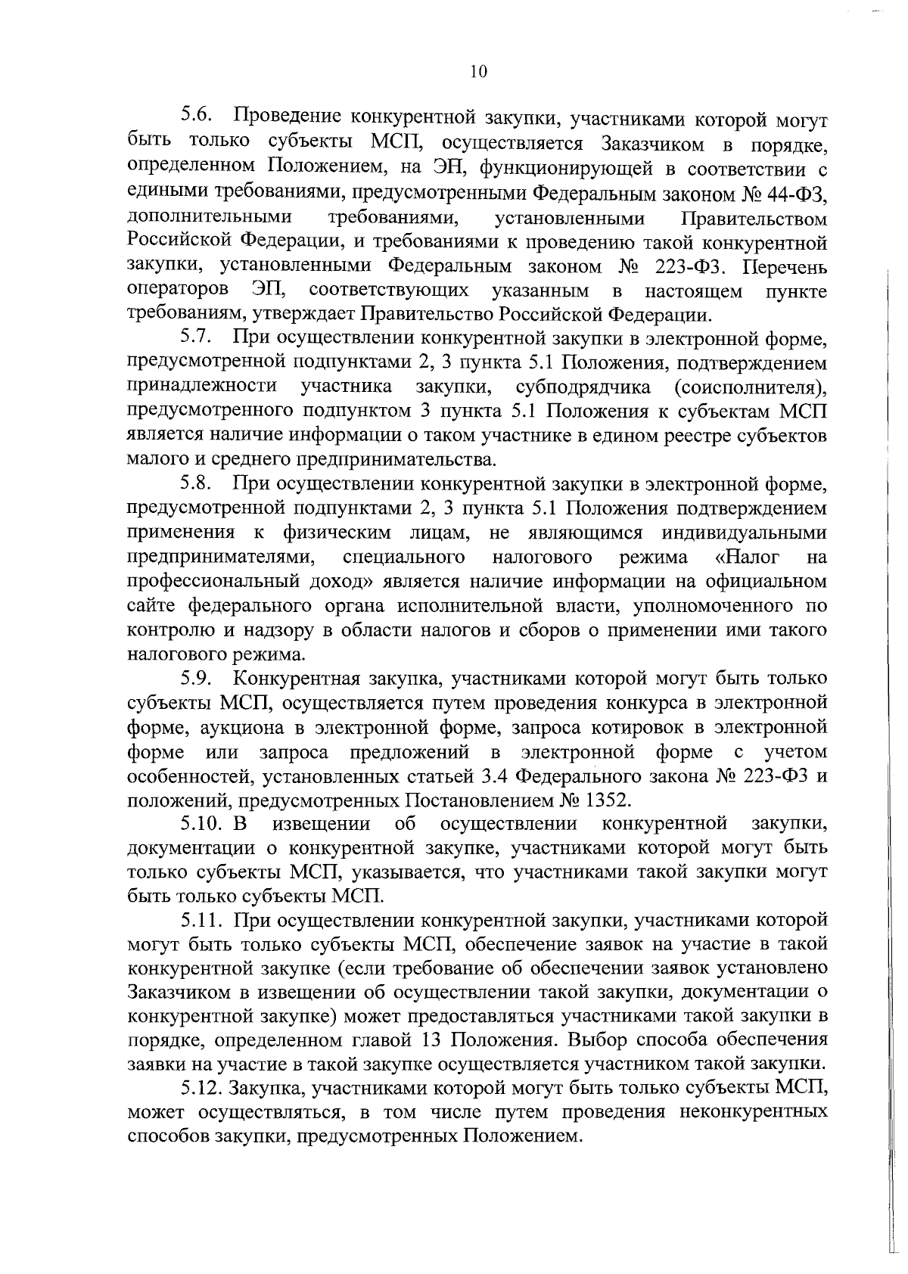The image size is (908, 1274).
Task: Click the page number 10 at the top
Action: click(x=477, y=73)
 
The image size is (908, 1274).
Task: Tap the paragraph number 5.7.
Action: click(x=199, y=337)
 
